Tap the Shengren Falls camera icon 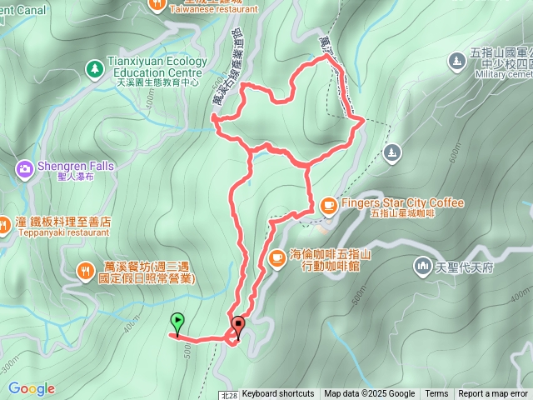[25, 169]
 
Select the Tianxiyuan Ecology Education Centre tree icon [94, 66]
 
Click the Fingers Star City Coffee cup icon [328, 204]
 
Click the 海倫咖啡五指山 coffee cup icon [276, 257]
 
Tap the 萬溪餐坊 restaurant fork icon [86, 269]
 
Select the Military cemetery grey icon [456, 61]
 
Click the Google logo [31, 388]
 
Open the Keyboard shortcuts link [278, 394]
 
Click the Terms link [436, 394]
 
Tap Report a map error [494, 394]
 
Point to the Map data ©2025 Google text [369, 394]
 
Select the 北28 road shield [230, 395]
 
